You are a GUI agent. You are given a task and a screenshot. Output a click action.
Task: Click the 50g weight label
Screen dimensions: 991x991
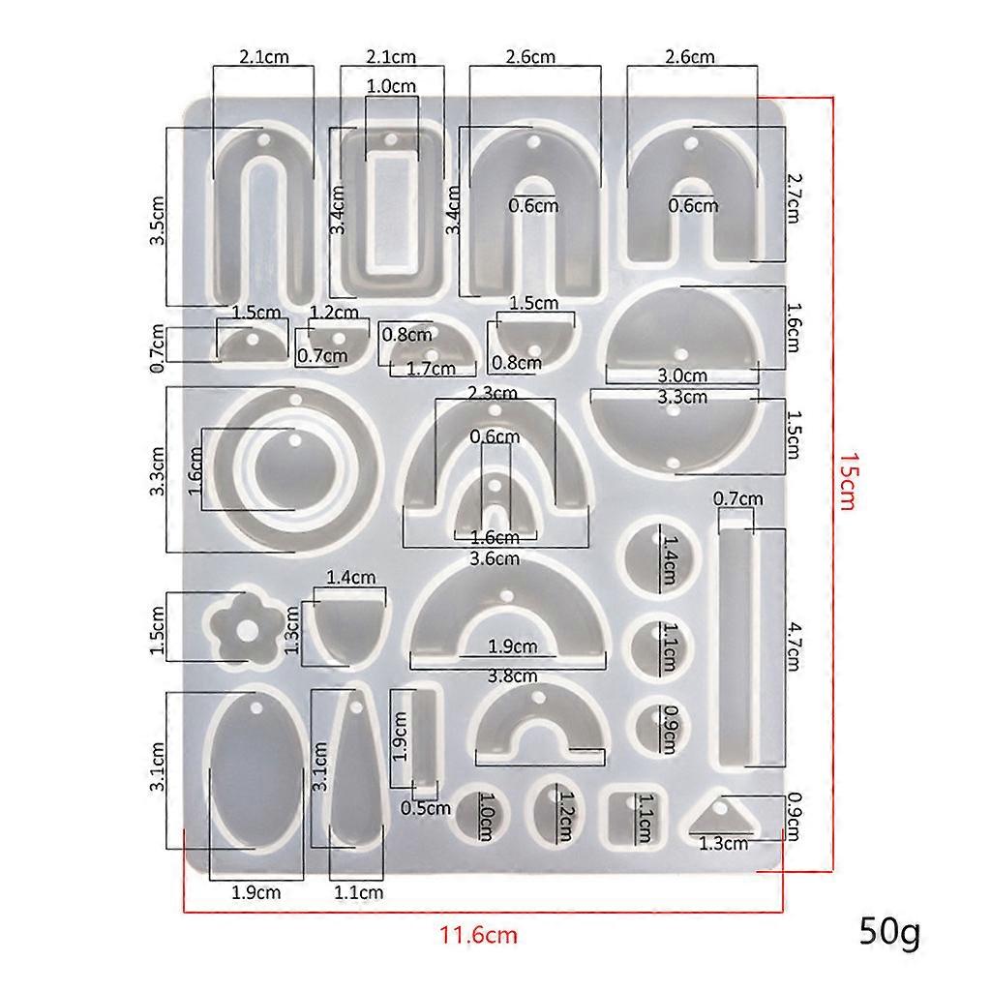pyautogui.click(x=888, y=931)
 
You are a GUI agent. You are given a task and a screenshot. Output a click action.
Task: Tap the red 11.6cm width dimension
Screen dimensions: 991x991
pyautogui.click(x=478, y=934)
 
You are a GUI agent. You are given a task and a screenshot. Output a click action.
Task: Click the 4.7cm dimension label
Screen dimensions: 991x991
pyautogui.click(x=794, y=646)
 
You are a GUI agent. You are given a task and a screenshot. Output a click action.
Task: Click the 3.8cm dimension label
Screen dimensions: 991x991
pyautogui.click(x=512, y=676)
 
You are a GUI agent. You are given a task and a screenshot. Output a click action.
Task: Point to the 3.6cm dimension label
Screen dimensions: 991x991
pyautogui.click(x=495, y=558)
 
